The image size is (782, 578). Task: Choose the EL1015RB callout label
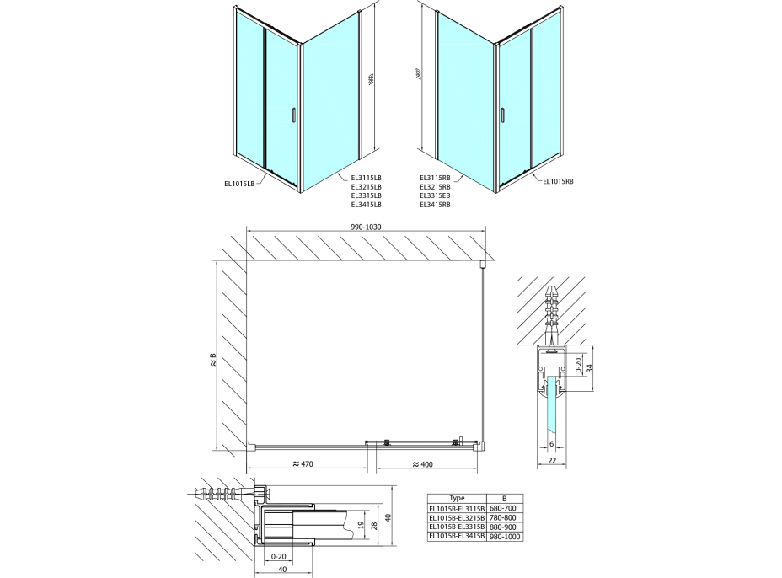coord(558,180)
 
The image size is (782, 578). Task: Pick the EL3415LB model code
coord(366,205)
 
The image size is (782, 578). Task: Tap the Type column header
coord(458,498)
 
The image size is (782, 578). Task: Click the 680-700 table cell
coord(506,507)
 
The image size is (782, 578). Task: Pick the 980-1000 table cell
coord(506,535)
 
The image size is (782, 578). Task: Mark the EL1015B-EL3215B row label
coord(458,516)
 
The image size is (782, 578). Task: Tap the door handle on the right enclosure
coord(503,115)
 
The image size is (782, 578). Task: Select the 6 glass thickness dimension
coord(550,444)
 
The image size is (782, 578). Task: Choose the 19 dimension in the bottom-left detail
coord(362,526)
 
